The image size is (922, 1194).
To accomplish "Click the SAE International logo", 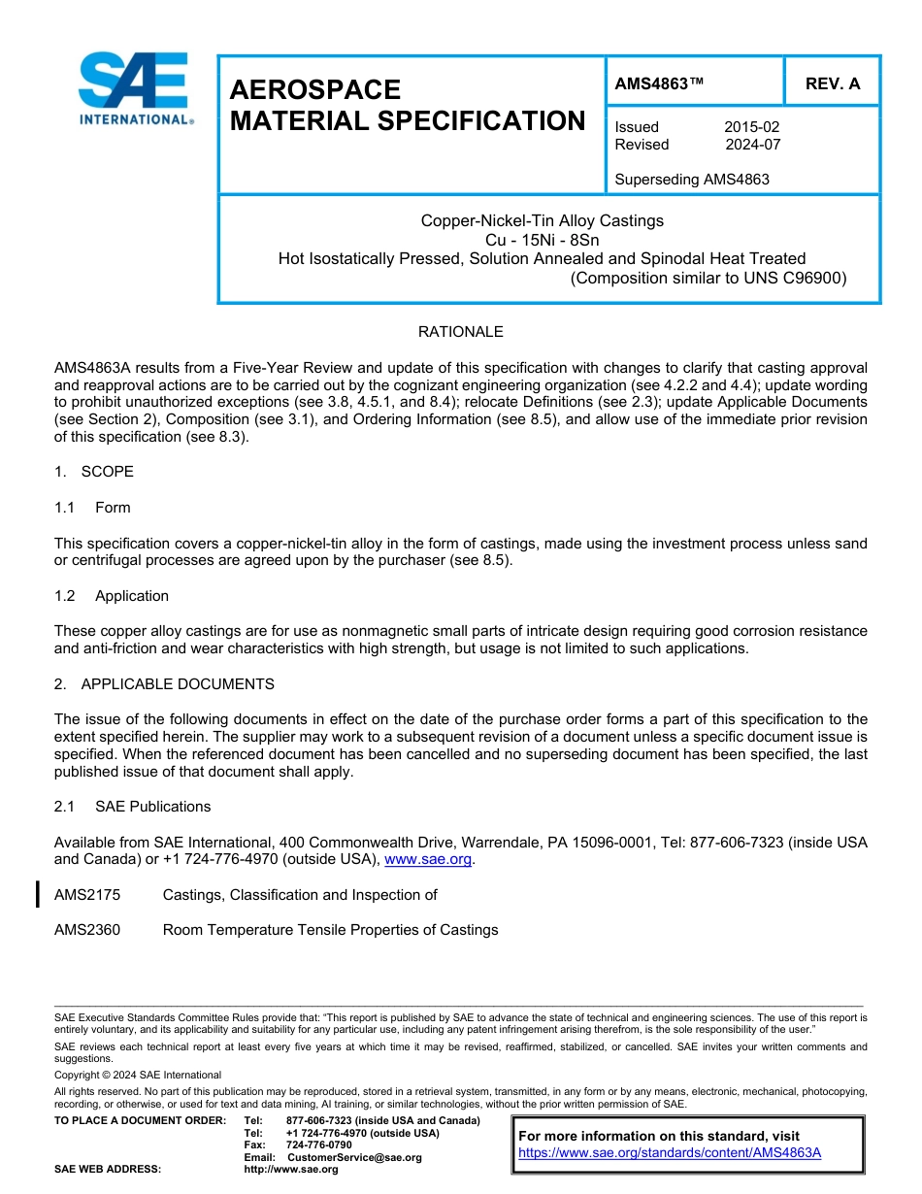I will (135, 88).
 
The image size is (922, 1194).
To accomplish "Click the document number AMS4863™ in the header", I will (659, 83).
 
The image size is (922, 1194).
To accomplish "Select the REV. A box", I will (832, 83).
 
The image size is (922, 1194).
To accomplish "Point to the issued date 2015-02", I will (751, 127).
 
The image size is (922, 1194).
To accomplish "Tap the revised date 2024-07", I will (752, 145).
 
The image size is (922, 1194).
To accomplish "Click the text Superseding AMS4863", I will (692, 180).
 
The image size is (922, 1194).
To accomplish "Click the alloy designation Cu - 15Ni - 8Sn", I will (542, 240).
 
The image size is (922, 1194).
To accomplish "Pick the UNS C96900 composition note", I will (708, 278).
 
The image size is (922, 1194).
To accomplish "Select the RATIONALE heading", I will (460, 332).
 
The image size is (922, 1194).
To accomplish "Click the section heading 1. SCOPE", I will (94, 472).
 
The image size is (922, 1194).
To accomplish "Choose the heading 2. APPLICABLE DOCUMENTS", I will (164, 684).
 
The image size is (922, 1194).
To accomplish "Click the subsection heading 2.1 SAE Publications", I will (132, 807).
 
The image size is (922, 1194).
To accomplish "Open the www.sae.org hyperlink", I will (428, 860).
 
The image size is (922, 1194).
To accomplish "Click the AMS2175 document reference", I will (87, 895).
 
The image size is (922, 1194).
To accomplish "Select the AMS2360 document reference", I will (87, 930).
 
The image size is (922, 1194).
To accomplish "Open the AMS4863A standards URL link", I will (670, 1152).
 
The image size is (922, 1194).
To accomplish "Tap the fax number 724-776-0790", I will (319, 1145).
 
